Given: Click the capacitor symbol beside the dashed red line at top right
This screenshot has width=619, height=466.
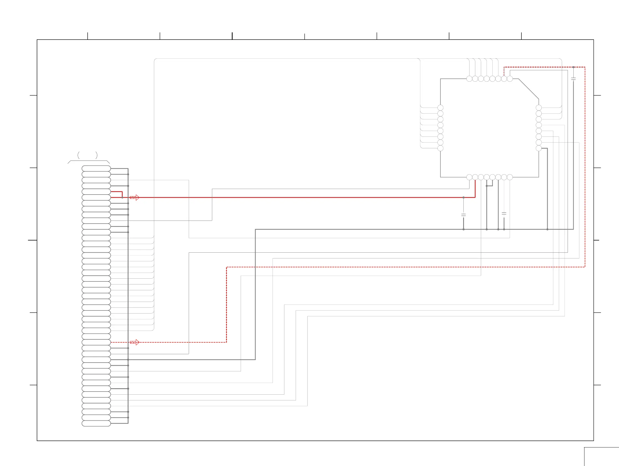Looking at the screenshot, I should coord(573,79).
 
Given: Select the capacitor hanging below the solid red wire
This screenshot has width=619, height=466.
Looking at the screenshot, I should coord(463,215).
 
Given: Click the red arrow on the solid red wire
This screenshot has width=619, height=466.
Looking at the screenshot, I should coord(135,198).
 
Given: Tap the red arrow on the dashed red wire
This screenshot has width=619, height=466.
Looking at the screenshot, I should coord(135,342).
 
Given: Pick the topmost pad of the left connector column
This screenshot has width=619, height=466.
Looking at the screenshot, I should coord(96,169).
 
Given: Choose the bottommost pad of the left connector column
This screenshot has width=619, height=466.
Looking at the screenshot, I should coord(96,423).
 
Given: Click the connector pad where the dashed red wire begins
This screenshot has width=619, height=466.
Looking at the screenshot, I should coord(96,342).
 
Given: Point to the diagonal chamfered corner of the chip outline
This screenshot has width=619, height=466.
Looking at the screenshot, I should coord(528,89).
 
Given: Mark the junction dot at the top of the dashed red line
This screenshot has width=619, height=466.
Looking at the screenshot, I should coord(573,67).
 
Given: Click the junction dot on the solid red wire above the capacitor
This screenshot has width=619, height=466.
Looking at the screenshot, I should coord(463,198).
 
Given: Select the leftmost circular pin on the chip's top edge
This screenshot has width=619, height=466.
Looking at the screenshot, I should coord(469,79).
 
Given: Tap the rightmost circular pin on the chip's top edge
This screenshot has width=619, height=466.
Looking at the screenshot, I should coord(510,79).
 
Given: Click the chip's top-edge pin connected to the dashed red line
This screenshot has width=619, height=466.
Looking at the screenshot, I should coord(504,79).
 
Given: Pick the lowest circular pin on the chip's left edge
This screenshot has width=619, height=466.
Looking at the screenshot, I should coord(440,148).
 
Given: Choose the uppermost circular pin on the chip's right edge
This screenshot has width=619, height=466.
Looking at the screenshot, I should coord(539,108).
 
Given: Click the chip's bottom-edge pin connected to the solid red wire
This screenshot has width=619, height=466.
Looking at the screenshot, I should coord(475,177).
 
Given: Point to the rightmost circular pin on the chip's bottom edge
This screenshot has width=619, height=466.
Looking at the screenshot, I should coord(510,177).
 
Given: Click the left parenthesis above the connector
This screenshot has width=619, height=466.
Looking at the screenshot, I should coord(79,155).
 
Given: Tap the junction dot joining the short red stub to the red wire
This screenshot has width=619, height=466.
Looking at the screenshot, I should coord(122,198).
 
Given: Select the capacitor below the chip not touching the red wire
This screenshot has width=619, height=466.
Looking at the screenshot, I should coord(504,214).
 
